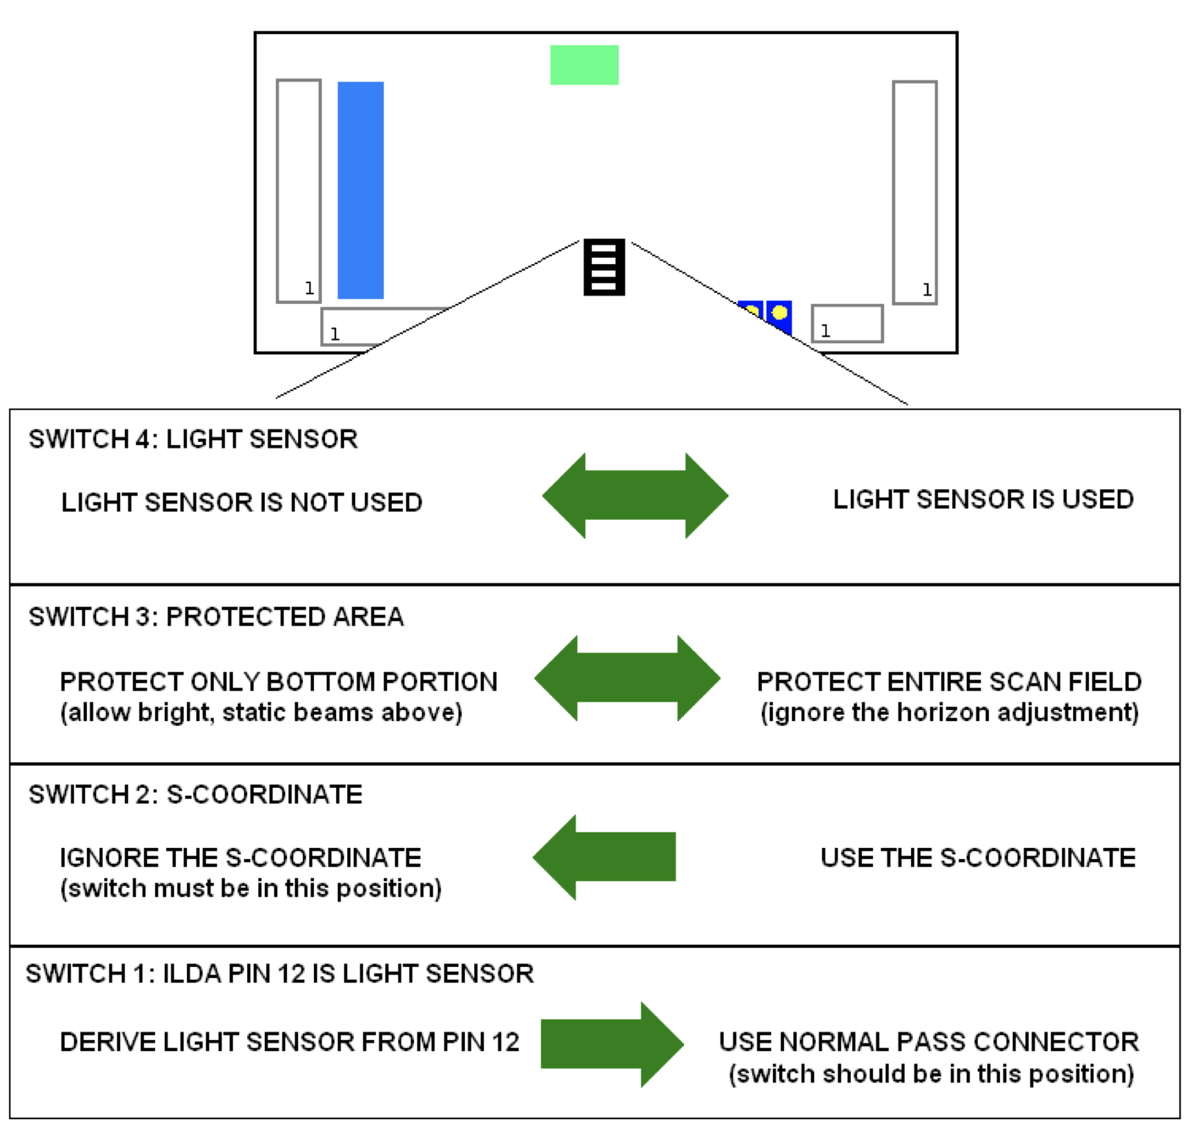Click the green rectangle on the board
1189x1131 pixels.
click(x=584, y=65)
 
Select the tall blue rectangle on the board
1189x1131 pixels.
click(x=360, y=190)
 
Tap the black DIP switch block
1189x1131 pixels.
click(x=604, y=267)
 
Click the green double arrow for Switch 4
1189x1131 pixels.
click(x=635, y=496)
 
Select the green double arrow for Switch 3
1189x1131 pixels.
click(x=627, y=678)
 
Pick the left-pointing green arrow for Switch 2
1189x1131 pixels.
click(x=604, y=856)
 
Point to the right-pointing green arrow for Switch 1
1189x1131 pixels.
click(x=612, y=1044)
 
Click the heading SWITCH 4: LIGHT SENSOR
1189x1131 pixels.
click(x=193, y=439)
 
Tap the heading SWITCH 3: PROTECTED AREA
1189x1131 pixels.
click(x=216, y=617)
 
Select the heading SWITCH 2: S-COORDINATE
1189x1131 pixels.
click(x=195, y=795)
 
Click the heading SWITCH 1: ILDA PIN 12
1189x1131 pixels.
click(x=279, y=973)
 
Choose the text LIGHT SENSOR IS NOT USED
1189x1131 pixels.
click(x=241, y=503)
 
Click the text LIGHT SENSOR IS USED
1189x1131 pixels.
click(x=983, y=499)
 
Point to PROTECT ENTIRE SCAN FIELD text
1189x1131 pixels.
click(x=949, y=682)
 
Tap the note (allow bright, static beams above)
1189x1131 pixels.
click(x=261, y=713)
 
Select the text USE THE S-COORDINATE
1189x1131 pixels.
click(x=978, y=858)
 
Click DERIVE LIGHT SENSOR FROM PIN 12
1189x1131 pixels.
click(x=289, y=1042)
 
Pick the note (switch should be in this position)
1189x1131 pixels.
click(x=931, y=1074)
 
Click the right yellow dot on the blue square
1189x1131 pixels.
click(x=780, y=313)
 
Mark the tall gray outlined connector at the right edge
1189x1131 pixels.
click(x=914, y=192)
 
